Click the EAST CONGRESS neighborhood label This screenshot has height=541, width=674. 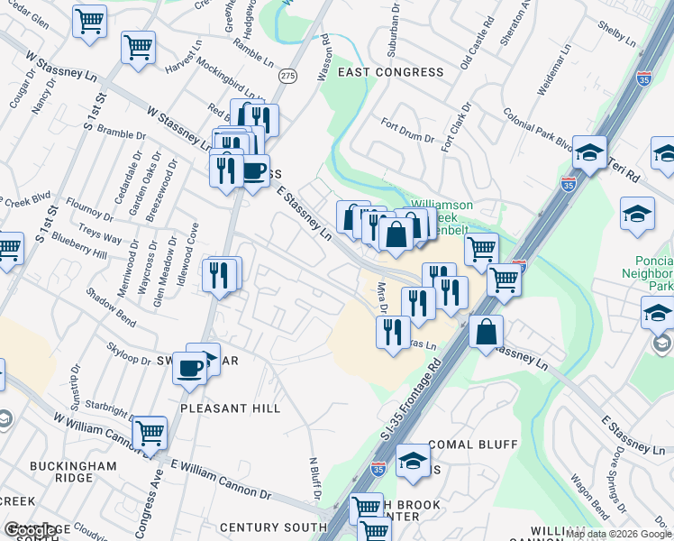[379, 71]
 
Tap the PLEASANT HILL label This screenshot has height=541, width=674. [231, 408]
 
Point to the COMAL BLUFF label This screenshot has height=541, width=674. [473, 445]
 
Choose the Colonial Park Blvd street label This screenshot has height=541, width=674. [539, 128]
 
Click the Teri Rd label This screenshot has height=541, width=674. [623, 168]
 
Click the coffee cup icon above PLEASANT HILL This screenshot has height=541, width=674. [190, 370]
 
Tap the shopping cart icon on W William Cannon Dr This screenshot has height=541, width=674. [149, 434]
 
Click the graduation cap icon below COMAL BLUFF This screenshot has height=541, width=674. [413, 462]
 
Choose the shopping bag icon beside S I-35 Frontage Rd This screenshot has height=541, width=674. [486, 331]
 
